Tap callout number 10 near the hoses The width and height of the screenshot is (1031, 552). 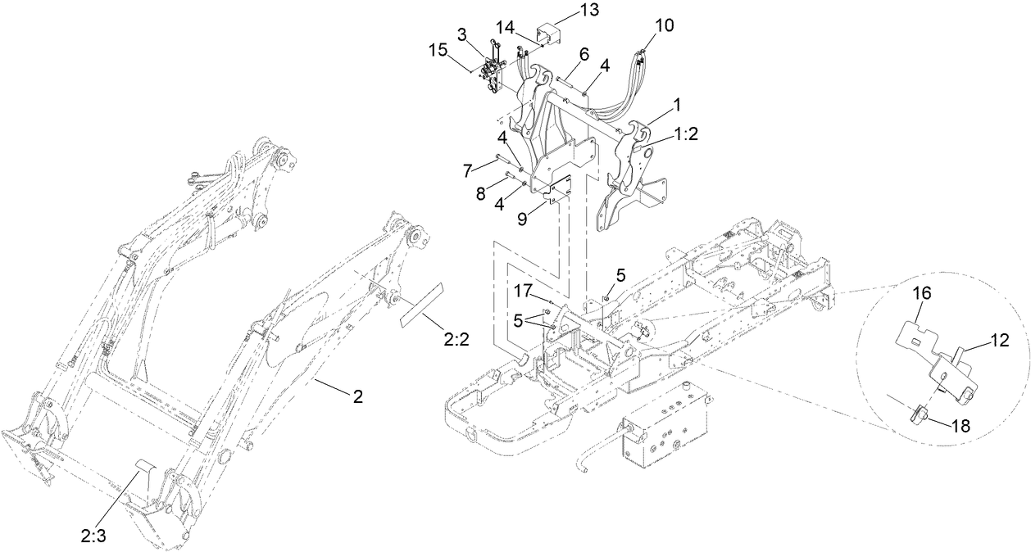coord(665,25)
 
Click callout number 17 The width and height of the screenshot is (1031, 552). coord(523,290)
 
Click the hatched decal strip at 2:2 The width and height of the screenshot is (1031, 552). coord(420,305)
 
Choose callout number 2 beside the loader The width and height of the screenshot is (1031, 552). coord(357,396)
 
